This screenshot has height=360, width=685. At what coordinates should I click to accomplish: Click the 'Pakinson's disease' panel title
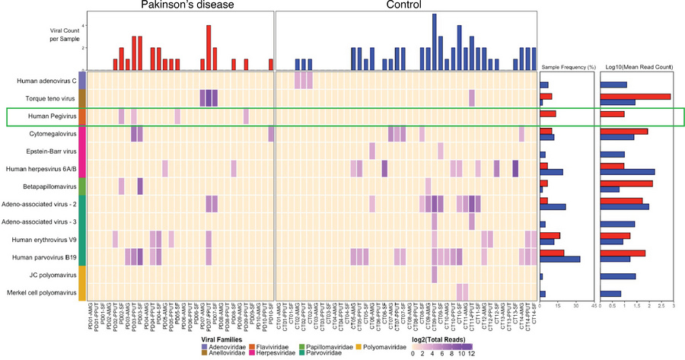click(179, 5)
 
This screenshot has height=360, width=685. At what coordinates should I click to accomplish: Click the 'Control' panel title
click(407, 5)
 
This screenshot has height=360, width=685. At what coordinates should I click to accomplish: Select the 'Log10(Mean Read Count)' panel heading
click(638, 68)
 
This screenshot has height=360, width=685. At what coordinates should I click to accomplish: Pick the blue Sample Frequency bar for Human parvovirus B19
click(559, 259)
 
